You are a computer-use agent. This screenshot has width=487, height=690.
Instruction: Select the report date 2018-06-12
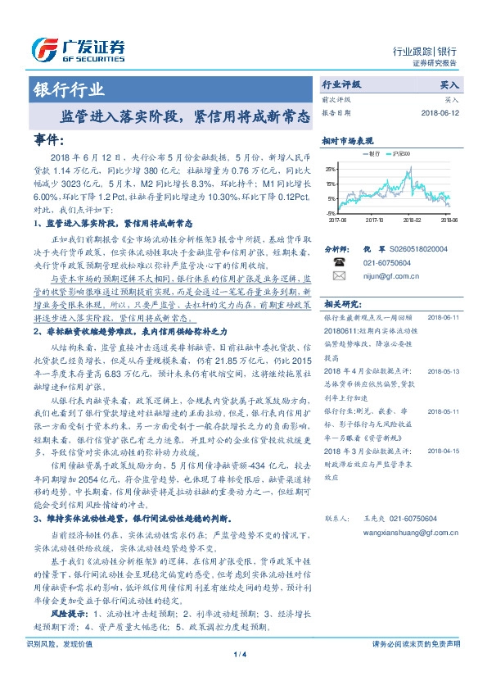440,112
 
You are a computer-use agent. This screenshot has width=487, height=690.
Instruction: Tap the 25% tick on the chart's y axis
330,170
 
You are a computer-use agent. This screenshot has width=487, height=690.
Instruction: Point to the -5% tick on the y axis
331,211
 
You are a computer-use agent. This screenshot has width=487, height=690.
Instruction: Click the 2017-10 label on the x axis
374,220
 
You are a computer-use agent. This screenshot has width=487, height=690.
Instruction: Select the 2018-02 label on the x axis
411,220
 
